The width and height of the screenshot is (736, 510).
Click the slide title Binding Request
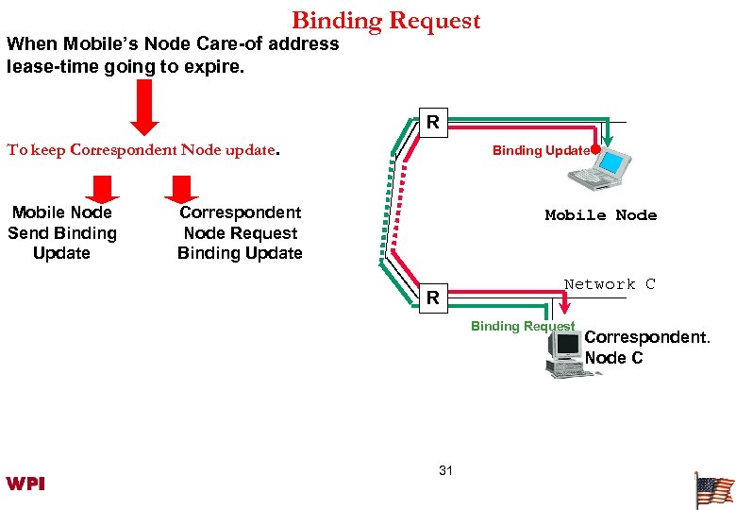pyautogui.click(x=386, y=20)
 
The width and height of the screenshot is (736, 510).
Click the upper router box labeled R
pyautogui.click(x=432, y=122)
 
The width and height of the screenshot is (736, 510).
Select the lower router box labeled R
pyautogui.click(x=432, y=298)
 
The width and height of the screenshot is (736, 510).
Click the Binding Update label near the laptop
pyautogui.click(x=540, y=150)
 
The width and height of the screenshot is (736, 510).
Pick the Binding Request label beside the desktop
pyautogui.click(x=522, y=326)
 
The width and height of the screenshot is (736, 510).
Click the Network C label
pyautogui.click(x=609, y=284)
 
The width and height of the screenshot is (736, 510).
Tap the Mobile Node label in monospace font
pyautogui.click(x=600, y=215)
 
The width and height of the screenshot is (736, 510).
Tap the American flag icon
pyautogui.click(x=713, y=490)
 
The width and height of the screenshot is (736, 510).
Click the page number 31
pyautogui.click(x=446, y=470)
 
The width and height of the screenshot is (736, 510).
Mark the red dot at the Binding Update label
pyautogui.click(x=596, y=149)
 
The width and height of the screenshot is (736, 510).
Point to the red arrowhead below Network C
pyautogui.click(x=564, y=305)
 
